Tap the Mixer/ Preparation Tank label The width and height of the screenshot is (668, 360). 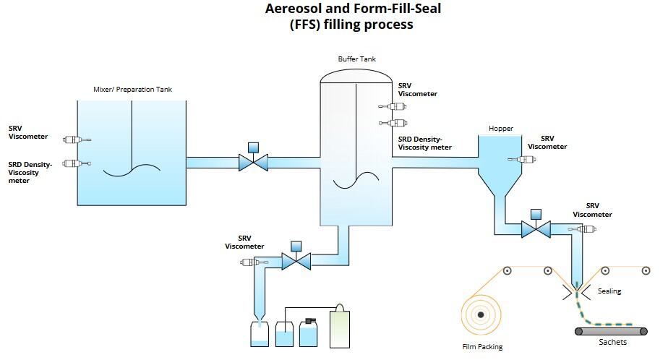133,90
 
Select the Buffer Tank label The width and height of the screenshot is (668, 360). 357,59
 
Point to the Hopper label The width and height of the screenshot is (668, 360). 500,129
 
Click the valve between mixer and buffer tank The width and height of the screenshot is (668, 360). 253,160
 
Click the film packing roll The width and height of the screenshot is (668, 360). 479,313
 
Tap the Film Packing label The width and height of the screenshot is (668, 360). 482,347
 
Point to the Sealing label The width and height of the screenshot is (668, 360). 609,291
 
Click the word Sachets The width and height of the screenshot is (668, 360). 612,342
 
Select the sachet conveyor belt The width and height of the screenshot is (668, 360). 612,331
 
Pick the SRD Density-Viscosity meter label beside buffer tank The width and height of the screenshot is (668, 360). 425,143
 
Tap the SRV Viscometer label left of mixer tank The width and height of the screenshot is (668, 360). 28,132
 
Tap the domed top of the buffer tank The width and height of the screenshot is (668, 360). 356,74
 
